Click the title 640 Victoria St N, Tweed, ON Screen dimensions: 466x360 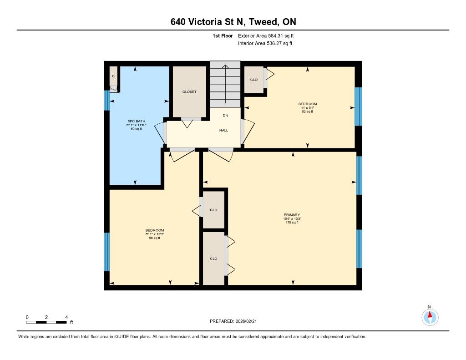(233, 22)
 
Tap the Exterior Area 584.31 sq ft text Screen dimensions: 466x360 (266, 35)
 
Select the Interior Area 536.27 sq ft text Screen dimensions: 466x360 (265, 43)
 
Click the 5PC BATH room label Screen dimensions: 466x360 (137, 121)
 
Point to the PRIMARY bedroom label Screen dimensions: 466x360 (292, 215)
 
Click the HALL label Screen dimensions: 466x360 (224, 130)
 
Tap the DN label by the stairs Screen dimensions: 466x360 (225, 115)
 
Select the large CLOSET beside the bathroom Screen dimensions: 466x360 (189, 92)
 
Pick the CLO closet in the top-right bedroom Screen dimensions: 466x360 (254, 80)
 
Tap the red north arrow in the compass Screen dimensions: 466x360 (430, 314)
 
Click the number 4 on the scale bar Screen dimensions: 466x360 (66, 317)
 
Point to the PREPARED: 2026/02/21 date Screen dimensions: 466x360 (233, 321)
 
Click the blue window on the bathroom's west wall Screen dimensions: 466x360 (106, 100)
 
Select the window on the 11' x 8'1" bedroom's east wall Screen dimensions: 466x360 (359, 106)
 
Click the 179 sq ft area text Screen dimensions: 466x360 (292, 223)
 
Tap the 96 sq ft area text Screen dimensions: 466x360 (155, 238)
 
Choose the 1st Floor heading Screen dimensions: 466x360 (223, 35)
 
